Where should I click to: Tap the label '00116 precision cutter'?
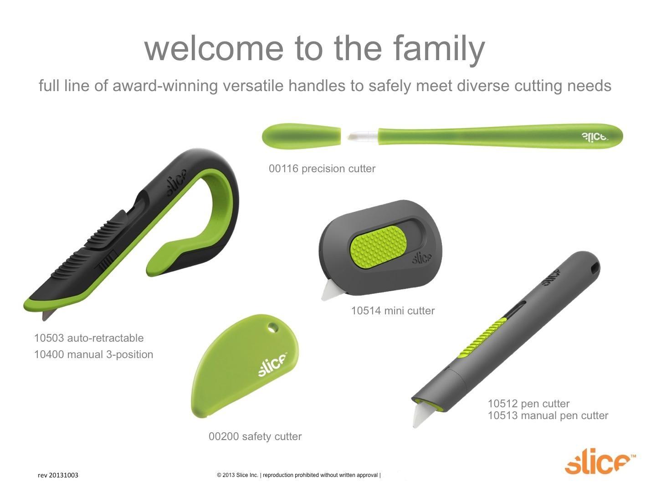pyautogui.click(x=322, y=169)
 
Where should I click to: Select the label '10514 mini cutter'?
pyautogui.click(x=393, y=311)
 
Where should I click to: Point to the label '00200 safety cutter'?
pyautogui.click(x=255, y=436)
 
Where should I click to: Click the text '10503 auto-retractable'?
pyautogui.click(x=89, y=338)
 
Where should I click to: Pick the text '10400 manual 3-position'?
pyautogui.click(x=93, y=354)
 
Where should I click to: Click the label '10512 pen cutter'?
pyautogui.click(x=528, y=404)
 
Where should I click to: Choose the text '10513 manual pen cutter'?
pyautogui.click(x=548, y=415)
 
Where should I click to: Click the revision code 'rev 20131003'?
pyautogui.click(x=58, y=475)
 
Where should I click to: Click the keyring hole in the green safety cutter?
pyautogui.click(x=273, y=328)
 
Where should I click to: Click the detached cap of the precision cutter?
pyautogui.click(x=301, y=136)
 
